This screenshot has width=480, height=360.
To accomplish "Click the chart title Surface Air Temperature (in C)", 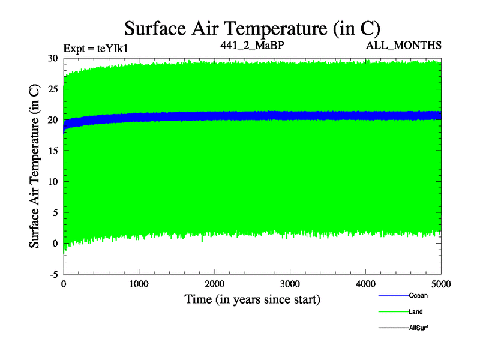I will click(x=252, y=28).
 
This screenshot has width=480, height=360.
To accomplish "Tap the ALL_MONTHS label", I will click(x=412, y=45).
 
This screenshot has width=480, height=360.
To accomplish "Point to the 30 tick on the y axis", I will click(x=53, y=58).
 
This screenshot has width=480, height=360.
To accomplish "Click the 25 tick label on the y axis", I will click(x=53, y=89).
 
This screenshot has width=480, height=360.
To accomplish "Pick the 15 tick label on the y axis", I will click(x=53, y=151).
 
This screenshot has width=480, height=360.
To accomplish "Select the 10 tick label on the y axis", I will click(x=53, y=181).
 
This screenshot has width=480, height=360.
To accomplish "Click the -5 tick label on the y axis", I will click(x=53, y=274).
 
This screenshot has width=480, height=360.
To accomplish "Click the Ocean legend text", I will click(x=418, y=295).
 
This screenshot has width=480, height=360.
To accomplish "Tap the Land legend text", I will click(x=416, y=312).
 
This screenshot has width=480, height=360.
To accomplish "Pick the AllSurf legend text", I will click(x=419, y=328).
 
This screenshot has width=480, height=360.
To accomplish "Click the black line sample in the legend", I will click(x=393, y=328).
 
